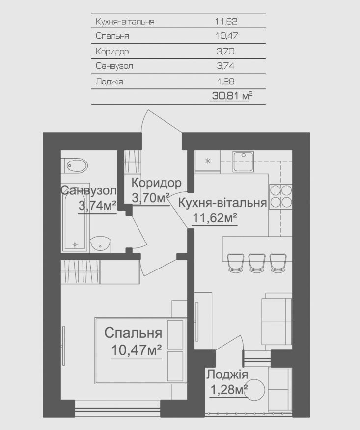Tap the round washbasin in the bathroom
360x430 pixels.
point(101,243)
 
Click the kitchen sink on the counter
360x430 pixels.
point(244,161)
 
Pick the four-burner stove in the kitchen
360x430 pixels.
point(281,196)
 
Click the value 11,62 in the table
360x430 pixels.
point(226,21)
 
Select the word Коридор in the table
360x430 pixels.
point(112,51)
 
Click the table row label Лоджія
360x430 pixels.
point(109,81)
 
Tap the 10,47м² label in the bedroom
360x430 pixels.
point(136,350)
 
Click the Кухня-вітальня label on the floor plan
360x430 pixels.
point(222,203)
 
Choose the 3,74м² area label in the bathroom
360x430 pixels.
point(97,205)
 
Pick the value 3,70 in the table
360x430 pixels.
point(225,51)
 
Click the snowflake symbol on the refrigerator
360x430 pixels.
point(208,161)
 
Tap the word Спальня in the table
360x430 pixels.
point(112,36)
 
